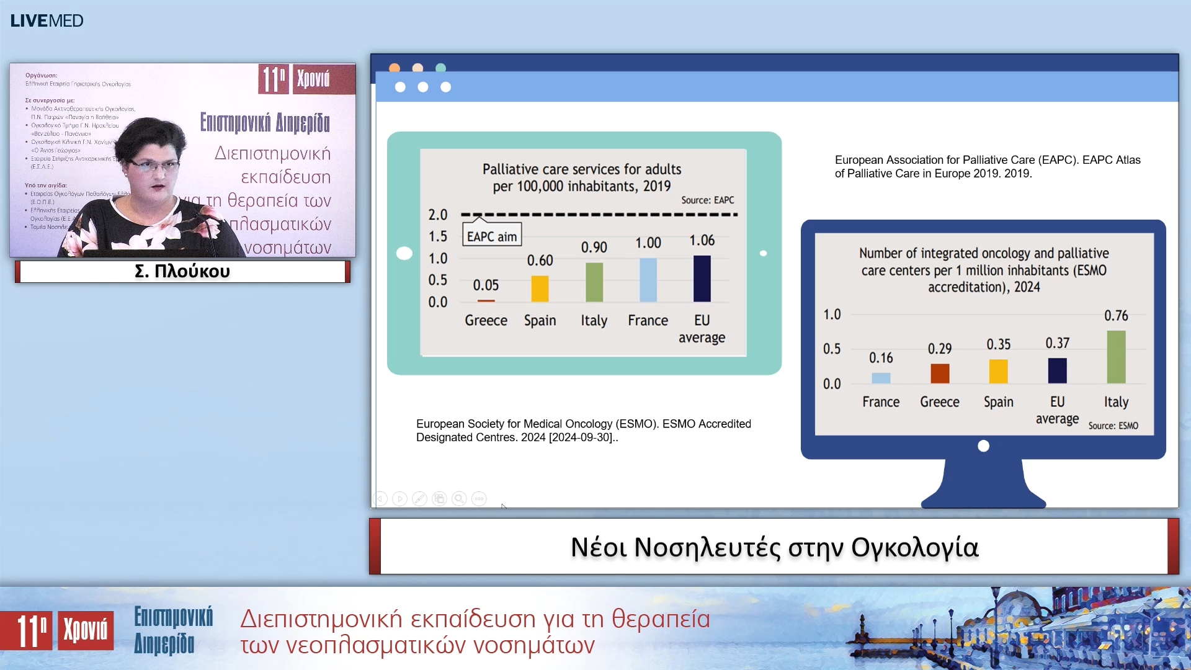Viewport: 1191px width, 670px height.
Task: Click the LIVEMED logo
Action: [x=47, y=20]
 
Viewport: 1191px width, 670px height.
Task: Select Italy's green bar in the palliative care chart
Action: [x=594, y=282]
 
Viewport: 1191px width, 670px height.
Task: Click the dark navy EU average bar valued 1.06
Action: [x=702, y=279]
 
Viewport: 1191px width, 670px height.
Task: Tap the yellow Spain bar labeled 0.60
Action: [x=540, y=288]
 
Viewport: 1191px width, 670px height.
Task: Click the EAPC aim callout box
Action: [x=492, y=236]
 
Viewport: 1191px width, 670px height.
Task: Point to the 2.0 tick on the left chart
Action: [x=438, y=215]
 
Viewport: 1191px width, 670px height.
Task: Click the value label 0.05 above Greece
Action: [x=486, y=285]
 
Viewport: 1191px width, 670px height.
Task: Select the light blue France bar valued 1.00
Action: [x=648, y=280]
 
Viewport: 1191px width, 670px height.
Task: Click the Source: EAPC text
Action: [x=707, y=200]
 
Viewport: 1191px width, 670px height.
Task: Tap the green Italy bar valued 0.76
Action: [x=1115, y=357]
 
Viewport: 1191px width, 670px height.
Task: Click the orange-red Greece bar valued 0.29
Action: [x=940, y=373]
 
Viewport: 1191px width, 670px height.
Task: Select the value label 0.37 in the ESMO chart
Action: [x=1057, y=343]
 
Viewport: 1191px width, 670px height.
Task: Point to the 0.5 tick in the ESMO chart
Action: [x=832, y=349]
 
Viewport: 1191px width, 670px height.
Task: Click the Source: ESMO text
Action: [x=1113, y=426]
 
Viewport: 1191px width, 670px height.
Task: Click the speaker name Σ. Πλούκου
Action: [x=182, y=271]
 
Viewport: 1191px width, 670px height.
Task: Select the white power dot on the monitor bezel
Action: [x=983, y=445]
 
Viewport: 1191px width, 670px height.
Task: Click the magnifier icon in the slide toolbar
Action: [x=459, y=499]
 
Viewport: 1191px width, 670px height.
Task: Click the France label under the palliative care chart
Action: [x=648, y=320]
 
